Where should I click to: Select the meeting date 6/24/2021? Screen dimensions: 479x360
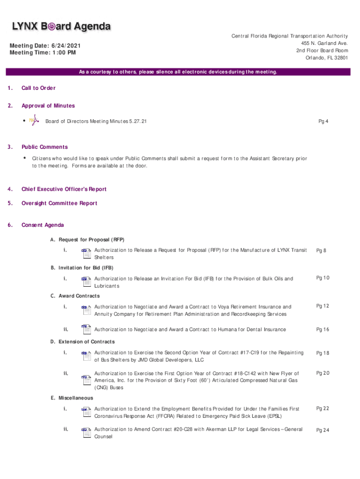(45, 45)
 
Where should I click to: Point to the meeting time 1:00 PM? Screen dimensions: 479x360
(43, 53)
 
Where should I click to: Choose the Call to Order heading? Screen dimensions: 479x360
(38, 88)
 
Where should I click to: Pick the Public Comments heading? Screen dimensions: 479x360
(44, 147)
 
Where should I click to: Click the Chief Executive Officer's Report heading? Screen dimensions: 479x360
(64, 189)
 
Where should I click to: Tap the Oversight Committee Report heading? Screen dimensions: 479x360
(59, 203)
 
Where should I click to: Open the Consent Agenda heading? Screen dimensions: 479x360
(43, 225)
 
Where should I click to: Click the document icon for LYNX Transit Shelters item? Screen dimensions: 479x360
(86, 253)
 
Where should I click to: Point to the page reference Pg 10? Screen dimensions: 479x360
(323, 278)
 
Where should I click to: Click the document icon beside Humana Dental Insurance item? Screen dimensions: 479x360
(86, 329)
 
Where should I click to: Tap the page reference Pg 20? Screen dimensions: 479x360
(323, 373)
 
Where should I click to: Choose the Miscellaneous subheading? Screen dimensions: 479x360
(75, 398)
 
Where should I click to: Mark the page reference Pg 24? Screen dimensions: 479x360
(323, 430)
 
